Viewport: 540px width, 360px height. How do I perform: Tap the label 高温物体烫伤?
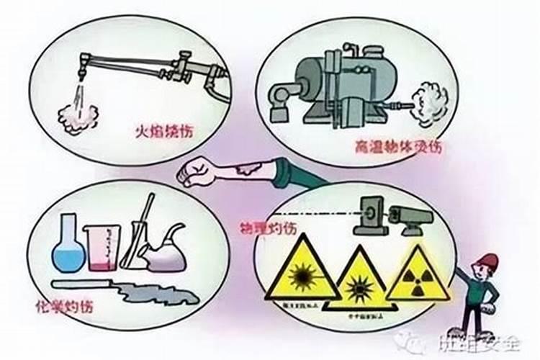pyautogui.click(x=397, y=147)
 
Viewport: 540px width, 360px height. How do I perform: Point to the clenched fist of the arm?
pyautogui.click(x=193, y=174)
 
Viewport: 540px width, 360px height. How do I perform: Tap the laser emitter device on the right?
pyautogui.click(x=410, y=215)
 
